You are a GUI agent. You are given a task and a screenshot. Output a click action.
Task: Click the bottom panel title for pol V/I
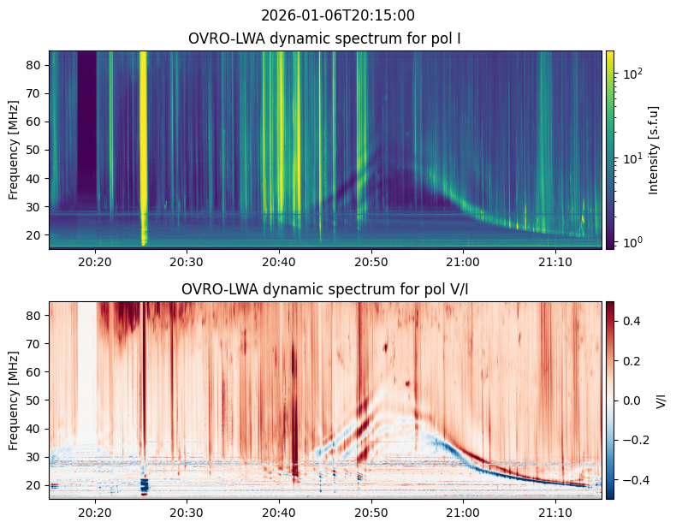pyautogui.click(x=325, y=289)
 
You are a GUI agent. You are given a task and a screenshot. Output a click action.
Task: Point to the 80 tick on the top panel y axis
pyautogui.click(x=36, y=65)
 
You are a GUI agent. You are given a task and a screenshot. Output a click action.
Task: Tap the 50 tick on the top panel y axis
pyautogui.click(x=36, y=150)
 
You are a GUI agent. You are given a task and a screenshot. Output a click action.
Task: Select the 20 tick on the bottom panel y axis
pyautogui.click(x=36, y=485)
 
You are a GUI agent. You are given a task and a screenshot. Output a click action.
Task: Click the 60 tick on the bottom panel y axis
pyautogui.click(x=36, y=372)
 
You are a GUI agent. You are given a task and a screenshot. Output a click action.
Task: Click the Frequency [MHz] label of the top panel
pyautogui.click(x=14, y=150)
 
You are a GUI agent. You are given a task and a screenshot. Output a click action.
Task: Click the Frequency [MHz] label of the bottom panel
pyautogui.click(x=14, y=400)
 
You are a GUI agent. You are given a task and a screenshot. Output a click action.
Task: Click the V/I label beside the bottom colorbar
pyautogui.click(x=660, y=400)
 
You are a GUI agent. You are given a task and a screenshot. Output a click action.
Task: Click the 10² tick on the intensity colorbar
pyautogui.click(x=632, y=74)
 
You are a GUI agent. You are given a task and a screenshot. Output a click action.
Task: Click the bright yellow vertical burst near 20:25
pyautogui.click(x=143, y=128)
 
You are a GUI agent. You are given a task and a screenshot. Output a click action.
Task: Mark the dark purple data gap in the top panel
pyautogui.click(x=87, y=120)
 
